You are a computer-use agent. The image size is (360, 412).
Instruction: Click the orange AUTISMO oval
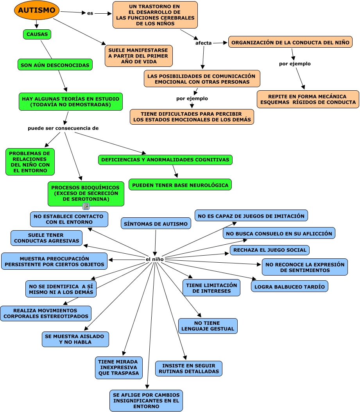click(37, 11)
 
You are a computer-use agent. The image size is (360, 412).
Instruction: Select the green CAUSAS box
click(37, 34)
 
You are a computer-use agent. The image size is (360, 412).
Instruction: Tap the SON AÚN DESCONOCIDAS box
click(55, 65)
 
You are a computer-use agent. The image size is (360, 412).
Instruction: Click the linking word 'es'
click(90, 13)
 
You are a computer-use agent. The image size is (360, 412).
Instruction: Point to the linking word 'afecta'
click(203, 43)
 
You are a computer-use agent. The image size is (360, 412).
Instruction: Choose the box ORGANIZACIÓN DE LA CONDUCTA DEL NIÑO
click(290, 42)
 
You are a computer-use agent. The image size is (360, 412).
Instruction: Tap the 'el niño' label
click(155, 259)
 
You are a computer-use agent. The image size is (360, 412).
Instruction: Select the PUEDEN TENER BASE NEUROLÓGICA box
click(180, 185)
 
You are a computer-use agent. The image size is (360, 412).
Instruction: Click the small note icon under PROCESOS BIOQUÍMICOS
click(86, 206)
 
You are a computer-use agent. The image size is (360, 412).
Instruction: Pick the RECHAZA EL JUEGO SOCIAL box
click(270, 250)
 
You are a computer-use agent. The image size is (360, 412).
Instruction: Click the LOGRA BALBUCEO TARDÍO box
click(289, 287)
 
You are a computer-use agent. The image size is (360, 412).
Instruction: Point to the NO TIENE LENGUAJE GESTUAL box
click(208, 326)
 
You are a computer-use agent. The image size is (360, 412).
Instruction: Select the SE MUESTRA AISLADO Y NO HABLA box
click(75, 339)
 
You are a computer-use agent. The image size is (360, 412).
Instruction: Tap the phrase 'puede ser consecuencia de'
click(63, 128)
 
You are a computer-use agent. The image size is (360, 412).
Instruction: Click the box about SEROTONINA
click(86, 193)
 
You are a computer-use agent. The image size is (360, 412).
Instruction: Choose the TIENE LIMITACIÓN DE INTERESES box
click(211, 288)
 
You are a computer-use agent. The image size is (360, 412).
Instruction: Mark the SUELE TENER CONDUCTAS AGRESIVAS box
click(47, 238)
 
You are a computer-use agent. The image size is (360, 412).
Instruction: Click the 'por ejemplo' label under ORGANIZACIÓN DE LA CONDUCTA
click(295, 64)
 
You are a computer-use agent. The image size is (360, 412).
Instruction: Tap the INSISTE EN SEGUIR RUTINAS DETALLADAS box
click(189, 369)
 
